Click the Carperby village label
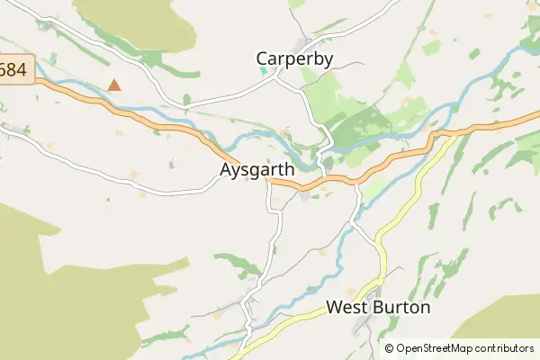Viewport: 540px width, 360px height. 295,59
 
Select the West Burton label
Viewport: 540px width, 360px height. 378,307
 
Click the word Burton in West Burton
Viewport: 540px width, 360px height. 401,307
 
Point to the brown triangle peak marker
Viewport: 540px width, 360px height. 114,85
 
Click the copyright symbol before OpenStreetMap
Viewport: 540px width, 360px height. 390,348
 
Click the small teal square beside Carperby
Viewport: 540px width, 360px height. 262,71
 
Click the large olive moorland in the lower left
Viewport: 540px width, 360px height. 54,288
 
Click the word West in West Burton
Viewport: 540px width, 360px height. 346,307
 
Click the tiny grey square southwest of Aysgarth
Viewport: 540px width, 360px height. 171,165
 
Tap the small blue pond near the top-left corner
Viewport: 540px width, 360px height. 54,57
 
